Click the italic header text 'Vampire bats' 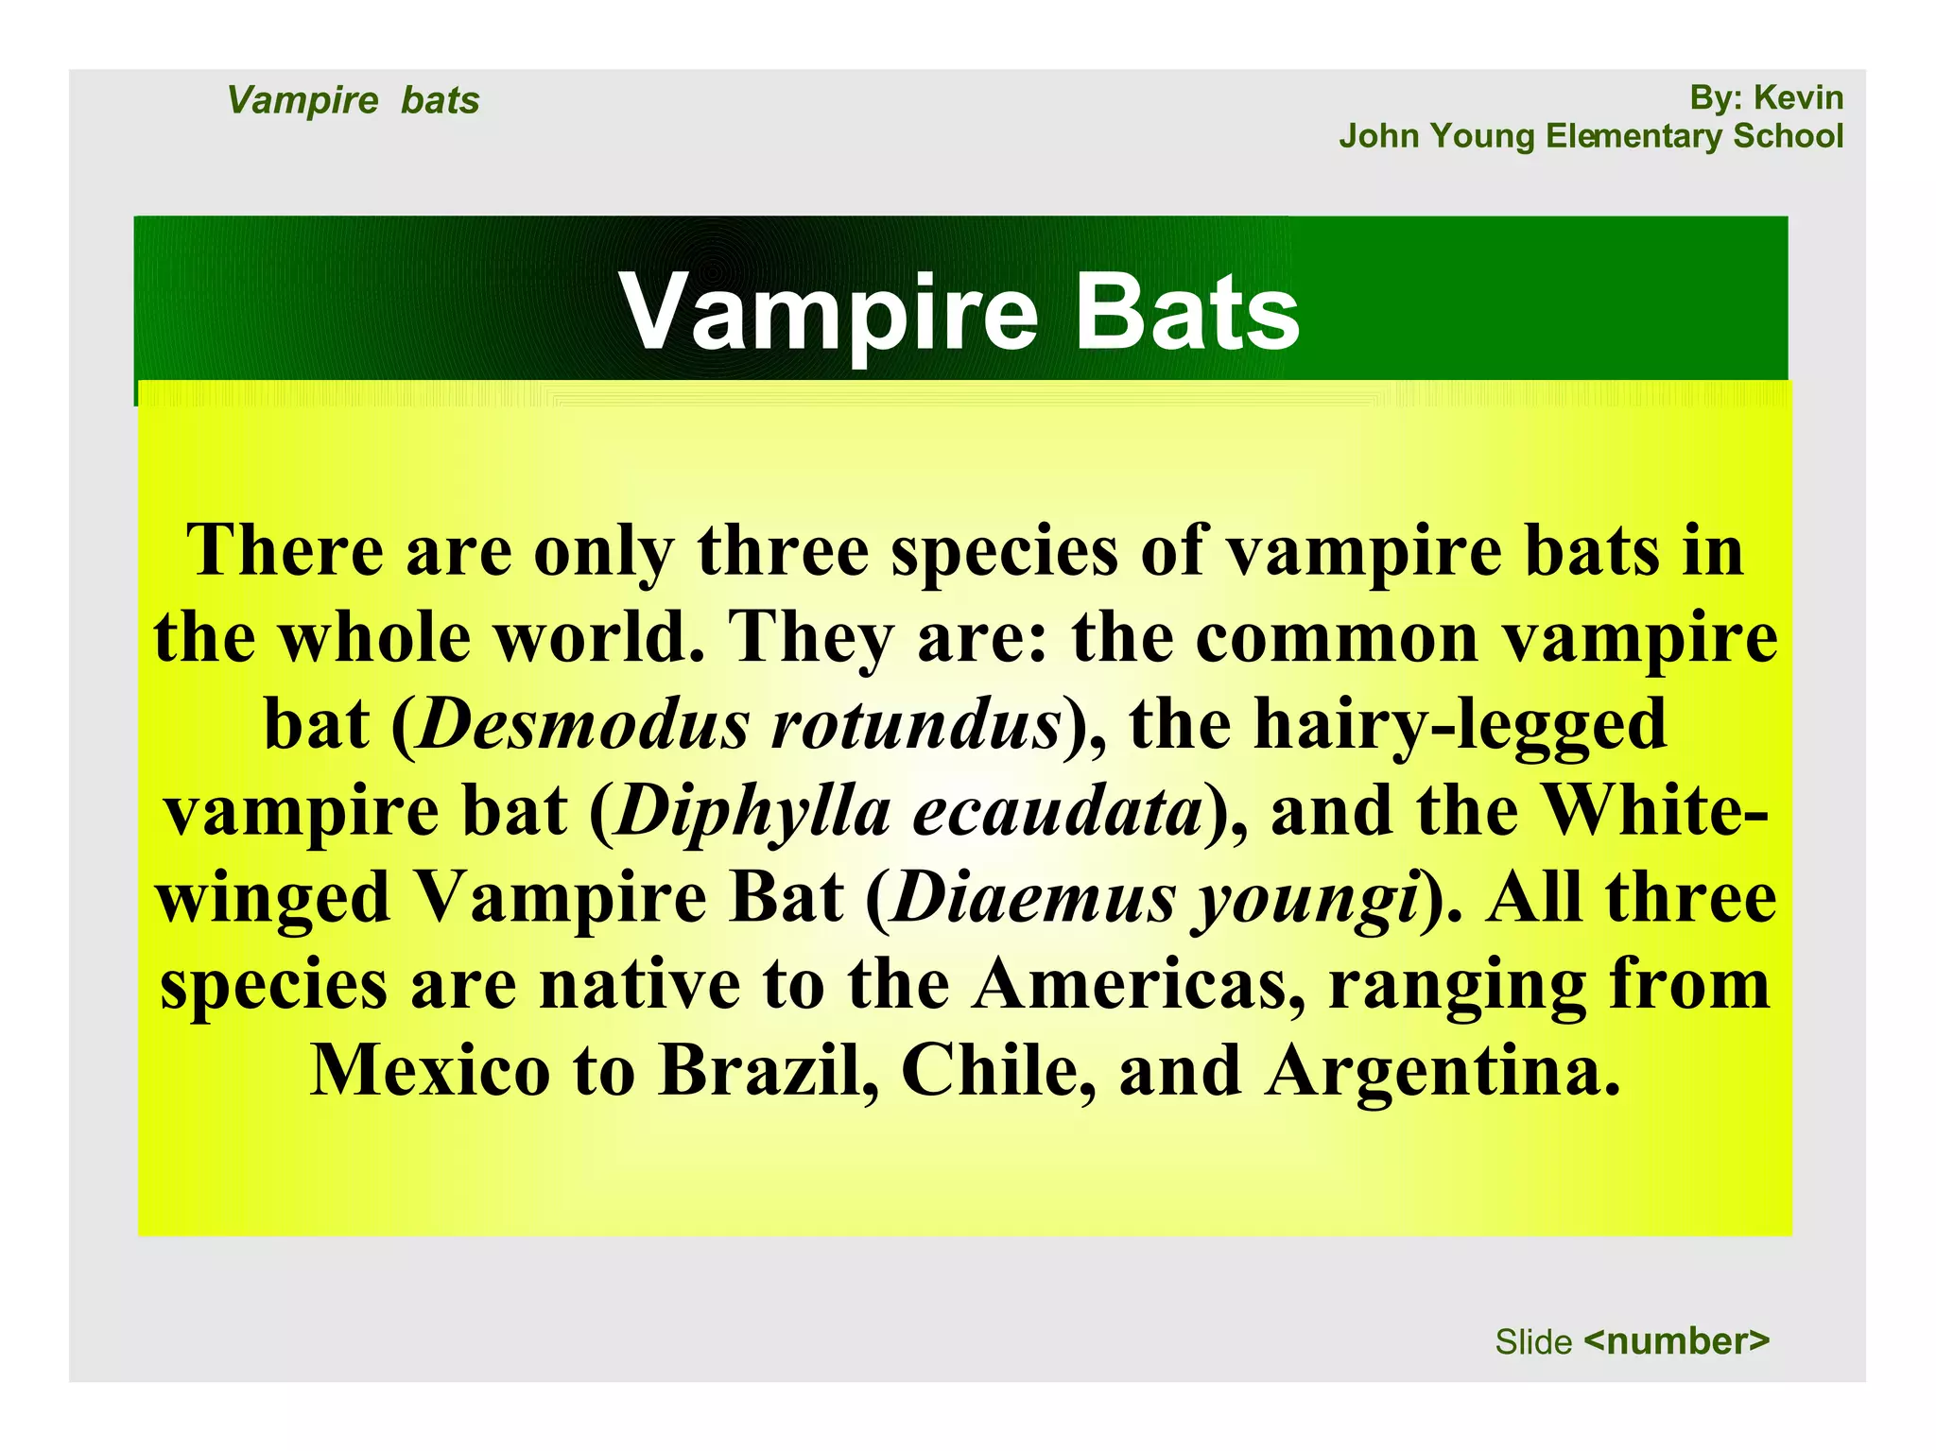[353, 100]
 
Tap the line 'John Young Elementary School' [1590, 136]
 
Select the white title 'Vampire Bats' [959, 312]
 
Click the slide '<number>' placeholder [1676, 1340]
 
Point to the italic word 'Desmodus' [584, 725]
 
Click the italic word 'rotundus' [915, 725]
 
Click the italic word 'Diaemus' [1034, 898]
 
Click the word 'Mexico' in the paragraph [430, 1071]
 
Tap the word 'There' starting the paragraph [285, 551]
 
